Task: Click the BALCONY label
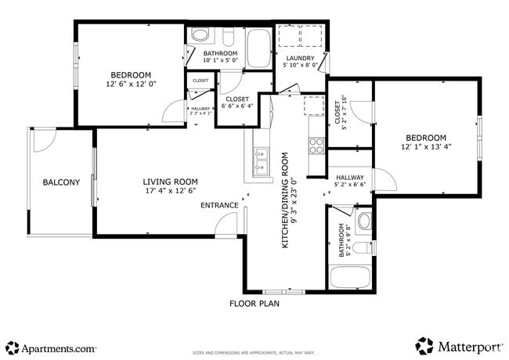61,182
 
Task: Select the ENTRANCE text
219,206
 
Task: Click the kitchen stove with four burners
316,145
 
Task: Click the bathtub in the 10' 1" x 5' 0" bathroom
258,49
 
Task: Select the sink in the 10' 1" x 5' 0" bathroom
200,35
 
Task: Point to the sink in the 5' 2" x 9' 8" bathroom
364,221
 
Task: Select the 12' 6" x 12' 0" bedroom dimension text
132,84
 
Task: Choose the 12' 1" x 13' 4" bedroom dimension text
426,146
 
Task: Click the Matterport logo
459,345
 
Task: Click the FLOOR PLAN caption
254,303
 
